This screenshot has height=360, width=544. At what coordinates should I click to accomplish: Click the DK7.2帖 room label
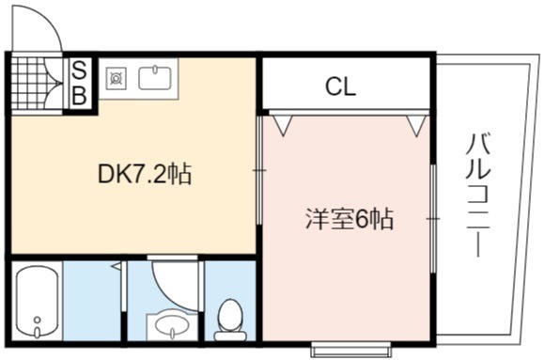coord(145,174)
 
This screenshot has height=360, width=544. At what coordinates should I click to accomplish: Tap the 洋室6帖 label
coord(350,219)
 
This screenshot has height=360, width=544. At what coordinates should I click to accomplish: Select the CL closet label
coord(341,86)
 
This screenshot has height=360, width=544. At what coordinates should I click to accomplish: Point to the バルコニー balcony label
coord(478,196)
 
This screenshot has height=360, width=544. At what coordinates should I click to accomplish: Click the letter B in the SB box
coord(80,94)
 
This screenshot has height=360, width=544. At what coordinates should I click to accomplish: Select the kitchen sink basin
coord(155,78)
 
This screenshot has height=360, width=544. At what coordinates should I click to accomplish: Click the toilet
coord(229,320)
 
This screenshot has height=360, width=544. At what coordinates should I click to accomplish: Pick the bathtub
coord(38,301)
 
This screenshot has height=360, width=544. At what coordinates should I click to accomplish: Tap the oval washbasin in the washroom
coord(172,325)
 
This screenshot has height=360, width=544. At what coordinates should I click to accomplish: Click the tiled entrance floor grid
coord(27,84)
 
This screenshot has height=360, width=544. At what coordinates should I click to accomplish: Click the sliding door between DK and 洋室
coord(259,170)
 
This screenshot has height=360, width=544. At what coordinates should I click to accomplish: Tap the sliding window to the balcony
coord(433,219)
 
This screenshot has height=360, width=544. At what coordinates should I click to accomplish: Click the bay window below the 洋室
coord(350,349)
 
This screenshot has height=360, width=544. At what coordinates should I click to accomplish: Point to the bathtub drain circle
coord(38,320)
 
